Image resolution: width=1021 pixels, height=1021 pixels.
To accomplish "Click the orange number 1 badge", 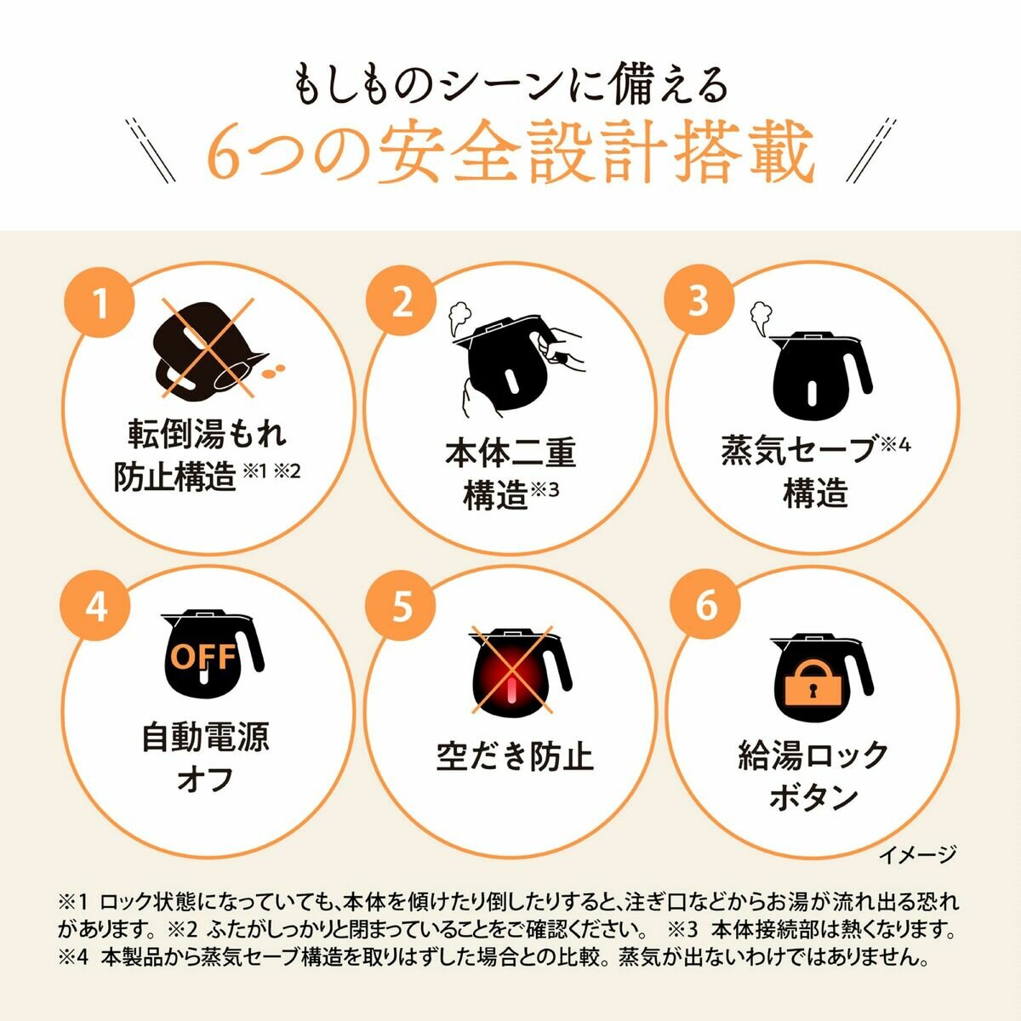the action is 100,304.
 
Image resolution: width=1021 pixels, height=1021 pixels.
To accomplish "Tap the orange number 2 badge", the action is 401,304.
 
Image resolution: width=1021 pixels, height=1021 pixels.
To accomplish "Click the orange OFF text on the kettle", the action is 203,658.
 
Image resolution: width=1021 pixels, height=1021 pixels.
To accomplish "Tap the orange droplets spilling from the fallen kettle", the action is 273,371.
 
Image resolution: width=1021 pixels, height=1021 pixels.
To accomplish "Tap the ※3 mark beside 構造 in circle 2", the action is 545,489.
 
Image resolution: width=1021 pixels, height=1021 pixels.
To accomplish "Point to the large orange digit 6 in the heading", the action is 227,155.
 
